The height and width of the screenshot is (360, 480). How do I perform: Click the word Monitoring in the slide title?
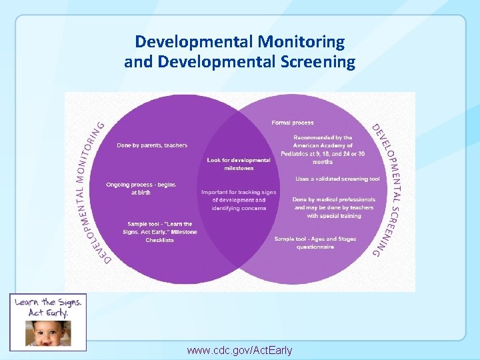coord(302,42)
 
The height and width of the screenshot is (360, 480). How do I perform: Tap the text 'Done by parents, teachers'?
coord(152,145)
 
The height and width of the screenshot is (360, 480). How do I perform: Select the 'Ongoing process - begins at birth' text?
coord(141,188)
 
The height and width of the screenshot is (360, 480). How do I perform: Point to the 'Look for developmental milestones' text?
coord(239,164)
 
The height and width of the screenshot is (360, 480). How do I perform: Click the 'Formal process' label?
coord(293,123)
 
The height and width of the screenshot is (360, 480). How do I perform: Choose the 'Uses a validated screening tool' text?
coord(338,179)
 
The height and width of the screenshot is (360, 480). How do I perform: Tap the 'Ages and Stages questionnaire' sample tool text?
coord(315,243)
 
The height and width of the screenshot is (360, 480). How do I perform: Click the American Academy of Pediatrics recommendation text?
coord(323,149)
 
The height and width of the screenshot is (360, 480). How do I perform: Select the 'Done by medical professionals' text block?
coord(334,207)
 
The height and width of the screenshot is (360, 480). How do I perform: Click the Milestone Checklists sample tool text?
coord(160,232)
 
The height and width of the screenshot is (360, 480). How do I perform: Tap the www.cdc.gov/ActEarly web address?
coord(239,350)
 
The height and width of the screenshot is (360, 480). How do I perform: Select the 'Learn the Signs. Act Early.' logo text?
coord(47,307)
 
